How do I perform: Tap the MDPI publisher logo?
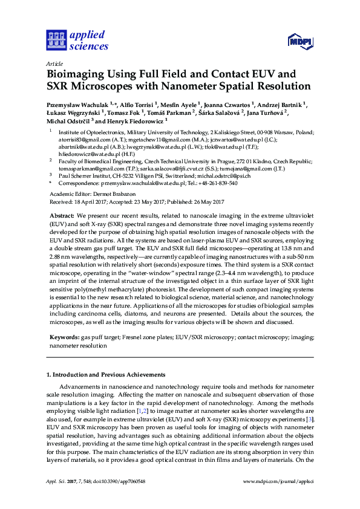coord(299,41)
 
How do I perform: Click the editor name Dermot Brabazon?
coord(105,193)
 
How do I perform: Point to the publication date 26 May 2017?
coord(206,201)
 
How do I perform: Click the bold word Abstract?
coord(62,215)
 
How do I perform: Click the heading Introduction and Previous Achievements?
coord(108,374)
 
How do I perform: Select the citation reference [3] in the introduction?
coord(310,419)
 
